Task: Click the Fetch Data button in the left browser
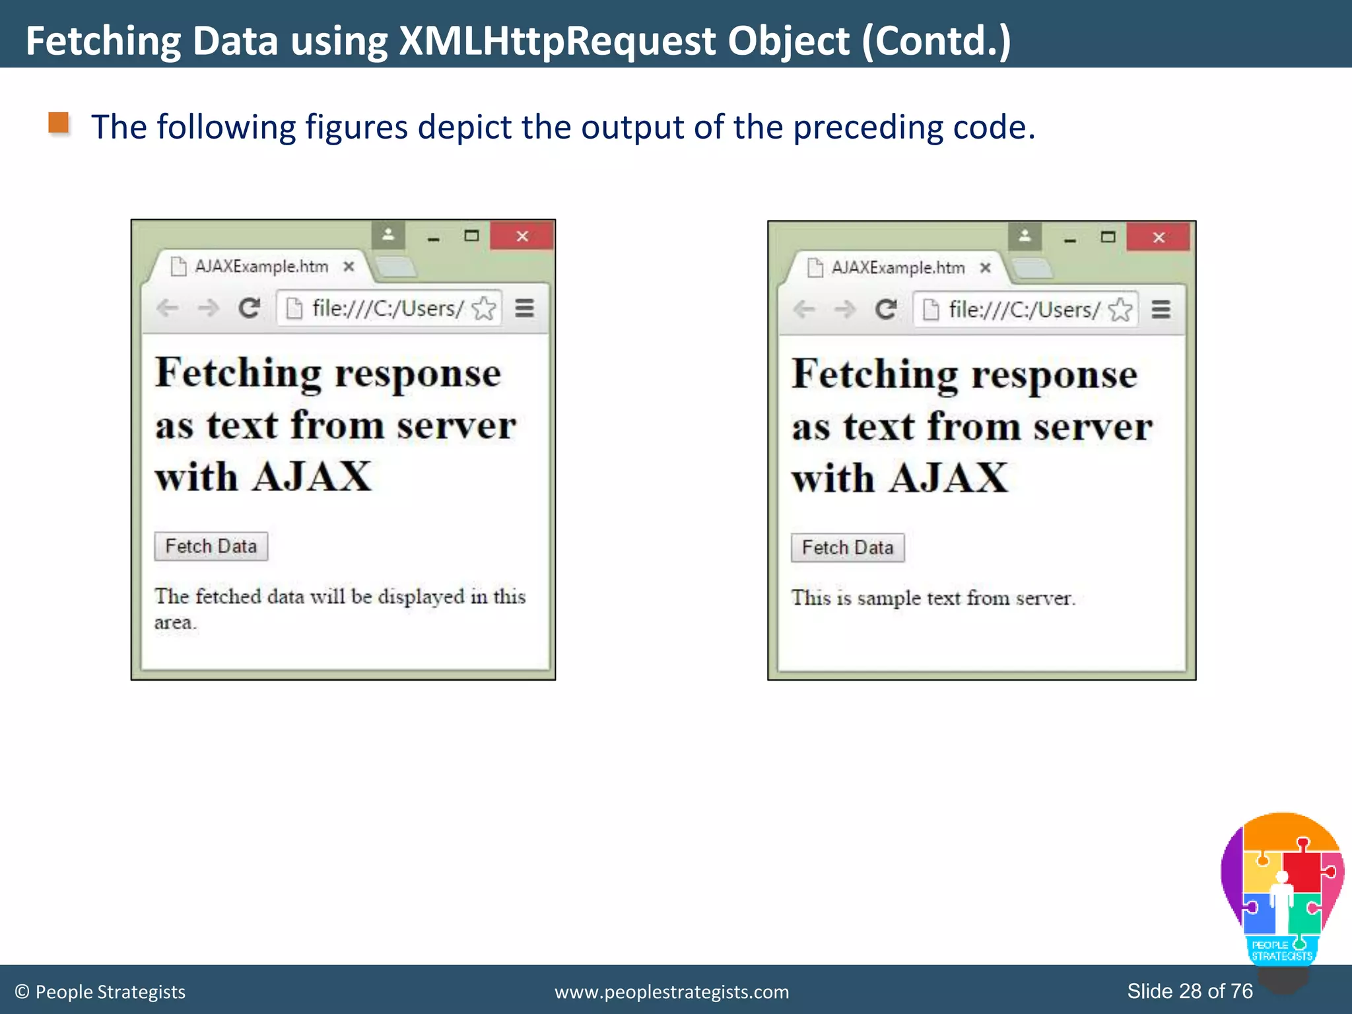(x=211, y=547)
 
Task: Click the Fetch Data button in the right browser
(x=848, y=548)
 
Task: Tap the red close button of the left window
(x=522, y=236)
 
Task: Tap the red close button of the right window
(x=1159, y=238)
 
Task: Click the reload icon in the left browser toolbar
(x=249, y=308)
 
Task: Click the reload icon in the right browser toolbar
(x=886, y=310)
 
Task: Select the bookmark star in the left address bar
(x=484, y=308)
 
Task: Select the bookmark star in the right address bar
(x=1120, y=310)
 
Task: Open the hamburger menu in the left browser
(x=525, y=308)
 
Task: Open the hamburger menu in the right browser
(x=1161, y=310)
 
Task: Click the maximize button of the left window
(x=471, y=236)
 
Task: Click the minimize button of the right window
(x=1070, y=239)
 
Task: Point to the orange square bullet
(x=59, y=123)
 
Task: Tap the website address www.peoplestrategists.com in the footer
(x=671, y=992)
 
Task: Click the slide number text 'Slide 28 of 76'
(x=1190, y=991)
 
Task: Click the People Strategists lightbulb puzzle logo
(x=1281, y=888)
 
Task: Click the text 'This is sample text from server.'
(x=933, y=598)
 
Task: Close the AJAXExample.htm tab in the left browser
(x=349, y=267)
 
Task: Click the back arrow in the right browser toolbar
(x=804, y=310)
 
